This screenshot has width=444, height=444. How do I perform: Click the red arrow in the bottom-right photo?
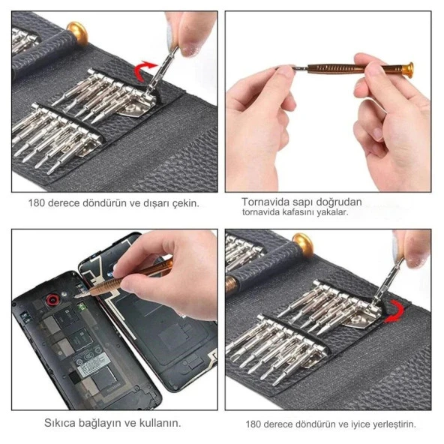[x=397, y=311]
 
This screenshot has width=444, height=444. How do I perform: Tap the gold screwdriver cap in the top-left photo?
[x=77, y=33]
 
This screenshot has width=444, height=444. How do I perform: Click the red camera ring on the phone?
[x=52, y=299]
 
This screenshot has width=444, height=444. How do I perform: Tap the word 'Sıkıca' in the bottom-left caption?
[x=60, y=423]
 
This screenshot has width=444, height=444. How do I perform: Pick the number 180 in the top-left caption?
[x=36, y=203]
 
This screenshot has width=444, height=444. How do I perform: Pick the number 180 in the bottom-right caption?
[x=253, y=424]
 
